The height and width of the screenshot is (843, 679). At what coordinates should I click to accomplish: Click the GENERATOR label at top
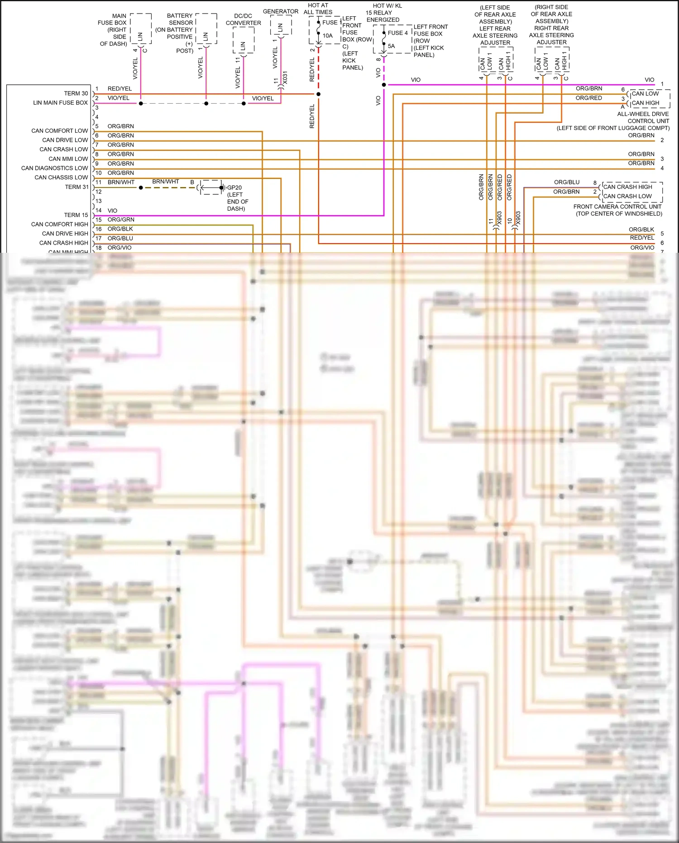(280, 11)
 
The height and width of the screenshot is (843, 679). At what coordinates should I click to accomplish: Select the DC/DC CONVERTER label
(243, 19)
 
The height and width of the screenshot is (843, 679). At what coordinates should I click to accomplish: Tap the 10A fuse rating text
(327, 36)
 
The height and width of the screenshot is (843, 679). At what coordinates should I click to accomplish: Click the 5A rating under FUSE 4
(391, 46)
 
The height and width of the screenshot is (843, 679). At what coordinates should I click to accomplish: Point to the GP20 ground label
(234, 188)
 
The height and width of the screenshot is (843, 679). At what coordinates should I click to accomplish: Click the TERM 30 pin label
(76, 93)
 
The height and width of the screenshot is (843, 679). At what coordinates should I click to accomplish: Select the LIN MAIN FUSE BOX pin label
(60, 103)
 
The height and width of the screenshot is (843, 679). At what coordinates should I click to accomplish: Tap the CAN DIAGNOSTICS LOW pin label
(54, 168)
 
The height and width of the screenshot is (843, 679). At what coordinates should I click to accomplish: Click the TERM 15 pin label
(76, 215)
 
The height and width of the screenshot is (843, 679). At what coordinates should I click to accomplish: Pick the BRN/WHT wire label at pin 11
(121, 182)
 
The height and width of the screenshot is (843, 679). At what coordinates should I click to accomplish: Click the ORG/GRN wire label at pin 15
(121, 219)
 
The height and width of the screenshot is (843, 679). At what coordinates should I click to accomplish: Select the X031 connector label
(285, 77)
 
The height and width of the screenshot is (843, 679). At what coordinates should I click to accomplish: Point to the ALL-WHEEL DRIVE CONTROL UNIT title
(643, 117)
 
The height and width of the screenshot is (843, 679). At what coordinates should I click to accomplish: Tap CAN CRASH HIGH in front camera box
(627, 187)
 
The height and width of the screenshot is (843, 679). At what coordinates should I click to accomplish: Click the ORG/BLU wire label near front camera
(566, 182)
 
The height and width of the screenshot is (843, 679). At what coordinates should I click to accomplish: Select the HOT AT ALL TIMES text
(318, 9)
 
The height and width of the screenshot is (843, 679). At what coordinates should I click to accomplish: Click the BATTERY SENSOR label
(180, 19)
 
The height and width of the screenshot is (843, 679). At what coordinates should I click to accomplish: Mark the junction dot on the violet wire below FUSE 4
(384, 85)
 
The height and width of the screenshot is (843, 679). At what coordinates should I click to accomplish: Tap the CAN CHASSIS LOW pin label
(61, 178)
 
